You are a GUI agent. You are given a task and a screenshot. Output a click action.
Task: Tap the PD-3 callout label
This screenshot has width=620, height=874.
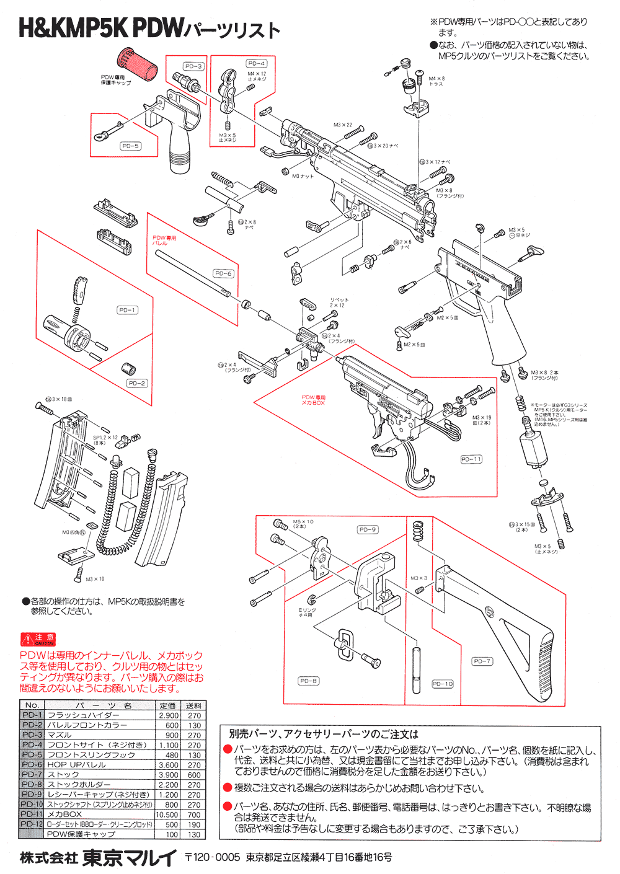tap(193, 66)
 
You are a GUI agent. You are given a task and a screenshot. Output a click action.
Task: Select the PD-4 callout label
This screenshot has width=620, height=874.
tap(257, 63)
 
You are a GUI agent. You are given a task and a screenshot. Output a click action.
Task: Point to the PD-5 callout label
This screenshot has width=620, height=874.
tap(131, 146)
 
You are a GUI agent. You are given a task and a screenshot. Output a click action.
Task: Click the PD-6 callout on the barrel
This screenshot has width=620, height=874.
tap(223, 273)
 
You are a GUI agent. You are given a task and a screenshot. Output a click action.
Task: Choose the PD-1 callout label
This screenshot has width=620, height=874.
tap(127, 310)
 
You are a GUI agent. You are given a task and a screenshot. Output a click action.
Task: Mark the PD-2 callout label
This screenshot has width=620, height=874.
tap(137, 383)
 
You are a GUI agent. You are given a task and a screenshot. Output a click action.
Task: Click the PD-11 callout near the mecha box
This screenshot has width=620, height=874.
tap(471, 459)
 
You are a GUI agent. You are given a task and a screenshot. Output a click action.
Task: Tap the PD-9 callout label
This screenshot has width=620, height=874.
tap(368, 529)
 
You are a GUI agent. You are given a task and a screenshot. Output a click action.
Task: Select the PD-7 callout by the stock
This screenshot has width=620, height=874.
tap(482, 661)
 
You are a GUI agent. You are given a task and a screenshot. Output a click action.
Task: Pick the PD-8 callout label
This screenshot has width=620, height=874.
tap(308, 681)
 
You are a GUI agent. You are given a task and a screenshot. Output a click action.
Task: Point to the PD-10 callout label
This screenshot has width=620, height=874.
tap(443, 684)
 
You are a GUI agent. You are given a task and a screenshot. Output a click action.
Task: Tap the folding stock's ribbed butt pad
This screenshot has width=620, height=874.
tap(544, 666)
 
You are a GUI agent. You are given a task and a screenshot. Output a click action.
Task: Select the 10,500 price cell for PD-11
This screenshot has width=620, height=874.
tap(167, 814)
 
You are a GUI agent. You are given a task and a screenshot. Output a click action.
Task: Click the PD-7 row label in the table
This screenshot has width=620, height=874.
tap(32, 775)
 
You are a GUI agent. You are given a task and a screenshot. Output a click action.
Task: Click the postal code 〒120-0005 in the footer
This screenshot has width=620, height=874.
tap(213, 858)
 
